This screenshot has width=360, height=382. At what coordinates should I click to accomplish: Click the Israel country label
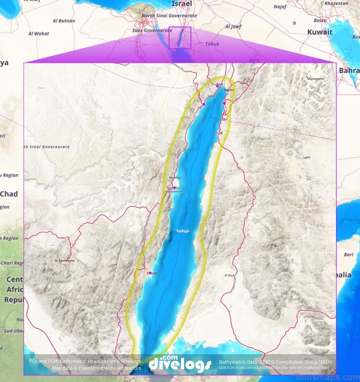tap(181, 4)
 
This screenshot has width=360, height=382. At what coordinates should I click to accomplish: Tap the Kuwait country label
tap(320, 32)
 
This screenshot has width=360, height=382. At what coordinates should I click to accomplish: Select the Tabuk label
tap(212, 44)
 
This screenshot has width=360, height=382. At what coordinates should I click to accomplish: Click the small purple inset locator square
tap(180, 38)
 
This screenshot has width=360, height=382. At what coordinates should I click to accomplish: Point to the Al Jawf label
tap(232, 27)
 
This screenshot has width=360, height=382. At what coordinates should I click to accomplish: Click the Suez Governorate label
tap(151, 30)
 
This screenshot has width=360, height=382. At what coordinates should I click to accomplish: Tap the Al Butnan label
tap(64, 21)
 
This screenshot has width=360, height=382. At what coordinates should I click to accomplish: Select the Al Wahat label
tap(39, 34)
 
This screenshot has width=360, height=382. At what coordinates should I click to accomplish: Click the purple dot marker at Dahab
tap(150, 273)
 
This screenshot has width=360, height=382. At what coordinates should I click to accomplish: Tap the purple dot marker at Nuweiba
tap(175, 187)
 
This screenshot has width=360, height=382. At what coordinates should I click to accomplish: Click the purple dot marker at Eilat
tap(217, 86)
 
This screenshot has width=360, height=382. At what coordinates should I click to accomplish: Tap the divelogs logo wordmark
tap(180, 364)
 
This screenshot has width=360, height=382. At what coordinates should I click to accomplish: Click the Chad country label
tap(9, 194)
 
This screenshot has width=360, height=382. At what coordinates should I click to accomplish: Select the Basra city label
tap(320, 21)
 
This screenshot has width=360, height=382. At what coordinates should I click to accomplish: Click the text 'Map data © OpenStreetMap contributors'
tap(96, 368)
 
